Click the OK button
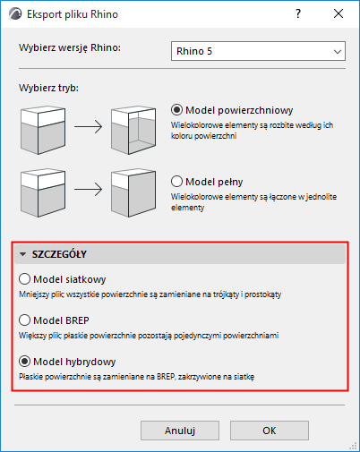tap(270, 431)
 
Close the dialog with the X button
tap(339, 13)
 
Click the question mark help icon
tap(298, 13)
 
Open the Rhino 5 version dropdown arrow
tap(338, 52)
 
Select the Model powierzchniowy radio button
tap(176, 110)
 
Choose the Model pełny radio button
tap(176, 182)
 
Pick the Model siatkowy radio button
tap(24, 279)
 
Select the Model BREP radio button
tap(24, 320)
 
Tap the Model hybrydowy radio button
tap(24, 362)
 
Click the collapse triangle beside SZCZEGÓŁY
tap(22, 254)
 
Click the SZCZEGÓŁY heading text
tap(59, 254)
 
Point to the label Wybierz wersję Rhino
tap(70, 47)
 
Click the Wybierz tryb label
tap(48, 88)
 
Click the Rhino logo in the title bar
tap(15, 13)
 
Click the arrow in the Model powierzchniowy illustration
tap(88, 127)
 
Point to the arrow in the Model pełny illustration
tap(88, 190)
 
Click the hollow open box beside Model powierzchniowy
tap(133, 130)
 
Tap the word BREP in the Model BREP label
tap(77, 320)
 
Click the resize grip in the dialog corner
tap(353, 446)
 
